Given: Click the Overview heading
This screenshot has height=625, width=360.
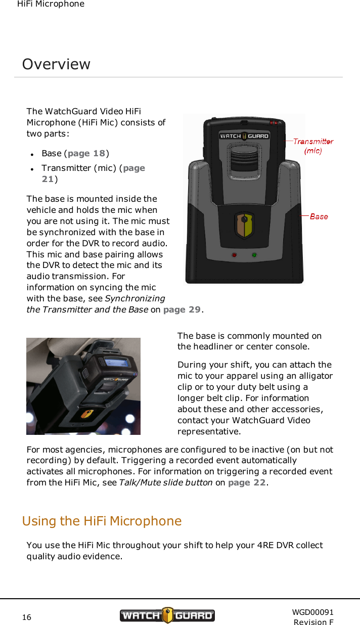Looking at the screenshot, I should [56, 64].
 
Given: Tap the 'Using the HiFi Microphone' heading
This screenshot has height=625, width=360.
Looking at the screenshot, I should [102, 521].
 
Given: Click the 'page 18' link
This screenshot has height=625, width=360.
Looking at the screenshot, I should [86, 153].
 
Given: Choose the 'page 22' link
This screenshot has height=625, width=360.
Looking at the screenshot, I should [247, 482].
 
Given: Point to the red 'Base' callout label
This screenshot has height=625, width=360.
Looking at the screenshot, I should [319, 216].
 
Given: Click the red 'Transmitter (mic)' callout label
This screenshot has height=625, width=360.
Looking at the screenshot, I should [313, 146].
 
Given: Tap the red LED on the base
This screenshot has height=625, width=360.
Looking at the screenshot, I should [234, 255].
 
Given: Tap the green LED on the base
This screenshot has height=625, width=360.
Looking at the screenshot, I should [254, 255].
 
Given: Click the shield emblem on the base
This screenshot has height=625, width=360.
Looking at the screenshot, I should [244, 226].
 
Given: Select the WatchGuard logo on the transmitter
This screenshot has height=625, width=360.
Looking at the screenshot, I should [244, 136].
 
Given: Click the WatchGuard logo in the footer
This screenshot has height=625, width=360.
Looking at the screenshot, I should [167, 615].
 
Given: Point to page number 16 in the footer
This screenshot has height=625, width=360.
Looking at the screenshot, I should [27, 617].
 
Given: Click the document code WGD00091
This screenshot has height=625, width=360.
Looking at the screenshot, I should [312, 612].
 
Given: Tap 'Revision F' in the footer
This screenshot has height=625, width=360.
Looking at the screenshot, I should [313, 622].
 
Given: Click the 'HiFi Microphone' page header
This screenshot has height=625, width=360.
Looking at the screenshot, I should [51, 4].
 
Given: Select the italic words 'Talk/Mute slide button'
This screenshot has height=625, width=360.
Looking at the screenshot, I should [165, 482].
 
